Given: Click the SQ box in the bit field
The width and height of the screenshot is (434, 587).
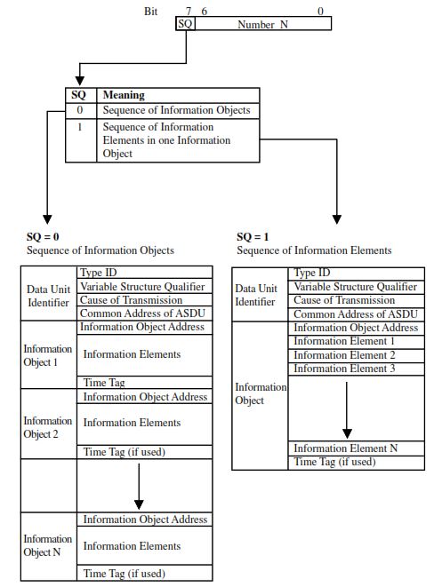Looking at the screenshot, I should coord(186,24).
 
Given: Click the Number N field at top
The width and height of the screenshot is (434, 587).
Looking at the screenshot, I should coord(263,24).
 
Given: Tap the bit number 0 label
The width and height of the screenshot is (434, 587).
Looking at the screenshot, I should coord(320,11).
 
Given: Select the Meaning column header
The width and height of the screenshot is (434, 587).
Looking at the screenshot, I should coord(125,95).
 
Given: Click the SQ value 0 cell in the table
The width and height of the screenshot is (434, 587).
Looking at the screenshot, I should coord(81,110).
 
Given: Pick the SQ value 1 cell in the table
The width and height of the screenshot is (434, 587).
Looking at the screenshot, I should coord(81,127).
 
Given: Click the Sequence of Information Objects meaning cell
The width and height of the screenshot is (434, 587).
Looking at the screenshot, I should coord(176,110).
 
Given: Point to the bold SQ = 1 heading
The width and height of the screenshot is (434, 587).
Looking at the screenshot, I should coord(254,237).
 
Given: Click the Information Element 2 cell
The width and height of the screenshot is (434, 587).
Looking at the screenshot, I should coord(343,355).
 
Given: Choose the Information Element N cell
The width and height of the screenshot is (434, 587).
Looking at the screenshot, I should coord(345,448).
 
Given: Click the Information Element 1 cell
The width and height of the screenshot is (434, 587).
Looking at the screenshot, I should coord(343,342).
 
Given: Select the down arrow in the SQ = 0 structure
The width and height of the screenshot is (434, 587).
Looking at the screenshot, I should coord(139,489).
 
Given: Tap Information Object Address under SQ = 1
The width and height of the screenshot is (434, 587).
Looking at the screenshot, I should coord(355,328).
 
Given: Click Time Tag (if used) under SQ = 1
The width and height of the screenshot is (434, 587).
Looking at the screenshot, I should coord(334,462).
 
